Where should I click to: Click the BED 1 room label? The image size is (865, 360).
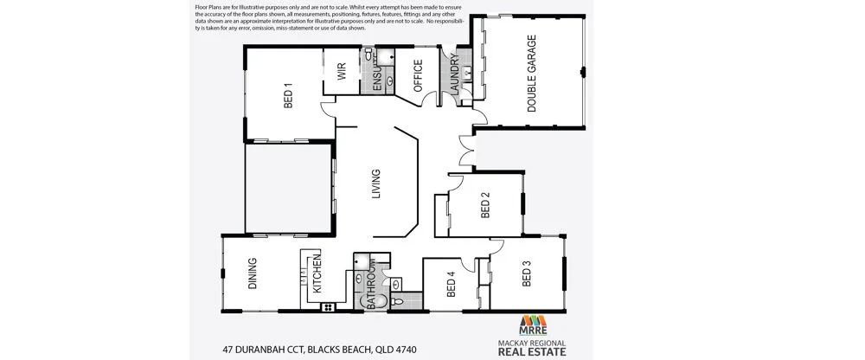click(x=288, y=94)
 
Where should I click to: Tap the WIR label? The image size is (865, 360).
click(x=342, y=70)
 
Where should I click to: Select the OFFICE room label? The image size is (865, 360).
click(x=418, y=75)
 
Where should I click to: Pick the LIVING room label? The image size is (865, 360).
click(x=375, y=184)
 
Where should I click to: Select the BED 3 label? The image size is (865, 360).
click(x=526, y=273)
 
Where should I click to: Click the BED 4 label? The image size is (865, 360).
click(x=450, y=286)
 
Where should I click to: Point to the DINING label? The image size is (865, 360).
click(x=253, y=279)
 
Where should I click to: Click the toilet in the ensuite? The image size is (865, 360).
click(x=369, y=55)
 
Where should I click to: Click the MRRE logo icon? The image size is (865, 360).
click(x=532, y=323)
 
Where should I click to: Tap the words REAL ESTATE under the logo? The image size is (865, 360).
click(x=532, y=352)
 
